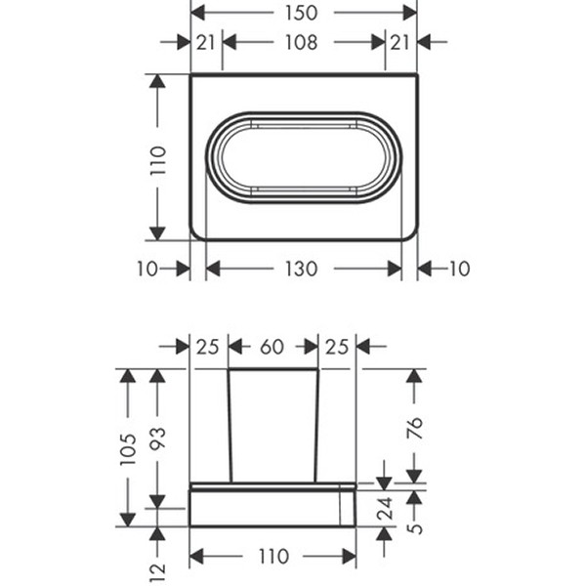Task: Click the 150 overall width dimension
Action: click(x=301, y=13)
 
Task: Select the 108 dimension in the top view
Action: click(x=301, y=42)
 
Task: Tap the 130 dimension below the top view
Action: click(x=301, y=269)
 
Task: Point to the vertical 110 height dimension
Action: click(x=157, y=160)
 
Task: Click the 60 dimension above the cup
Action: click(x=272, y=347)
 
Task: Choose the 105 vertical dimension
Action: click(x=128, y=449)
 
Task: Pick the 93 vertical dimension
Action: click(x=157, y=438)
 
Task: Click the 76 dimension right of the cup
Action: click(x=414, y=429)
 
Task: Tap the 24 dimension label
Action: click(x=385, y=508)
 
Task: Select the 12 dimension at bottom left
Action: click(x=157, y=572)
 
